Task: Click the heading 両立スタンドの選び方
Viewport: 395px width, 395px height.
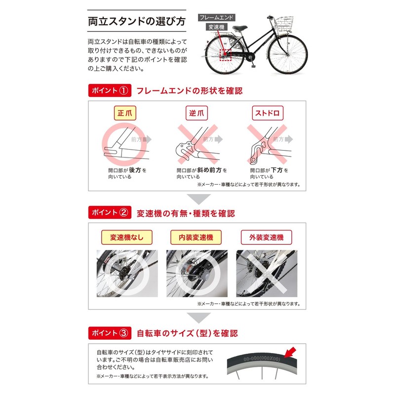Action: coord(137,23)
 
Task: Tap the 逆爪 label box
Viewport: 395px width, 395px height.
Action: coord(196,113)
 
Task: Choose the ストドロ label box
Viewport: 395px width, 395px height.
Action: coord(267,113)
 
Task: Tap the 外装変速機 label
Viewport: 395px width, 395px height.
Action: coord(267,237)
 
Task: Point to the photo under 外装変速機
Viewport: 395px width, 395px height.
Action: coord(267,273)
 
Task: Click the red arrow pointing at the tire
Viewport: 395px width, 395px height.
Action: coord(291,352)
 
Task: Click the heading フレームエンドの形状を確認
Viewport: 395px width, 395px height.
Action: coord(189,91)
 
